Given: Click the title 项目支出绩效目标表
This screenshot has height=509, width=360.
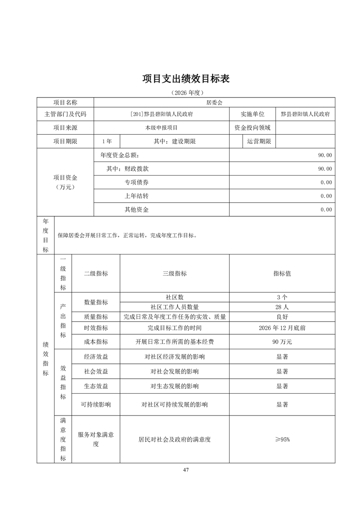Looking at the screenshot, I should (x=186, y=78).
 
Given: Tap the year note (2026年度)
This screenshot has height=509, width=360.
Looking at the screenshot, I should (x=186, y=93).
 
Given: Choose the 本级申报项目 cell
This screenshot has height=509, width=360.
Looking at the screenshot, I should (x=161, y=128).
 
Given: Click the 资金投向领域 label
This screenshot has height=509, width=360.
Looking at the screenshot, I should (x=252, y=128).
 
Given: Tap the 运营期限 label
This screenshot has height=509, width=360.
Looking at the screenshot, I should (x=259, y=142).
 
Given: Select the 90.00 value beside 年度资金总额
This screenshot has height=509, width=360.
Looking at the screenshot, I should (x=325, y=155).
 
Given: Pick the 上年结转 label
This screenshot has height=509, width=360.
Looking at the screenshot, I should (x=137, y=196).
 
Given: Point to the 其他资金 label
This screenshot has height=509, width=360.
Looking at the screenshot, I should (x=137, y=210).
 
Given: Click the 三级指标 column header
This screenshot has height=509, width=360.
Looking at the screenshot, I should (x=174, y=274).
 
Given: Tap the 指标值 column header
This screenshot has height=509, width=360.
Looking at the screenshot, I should (x=282, y=274).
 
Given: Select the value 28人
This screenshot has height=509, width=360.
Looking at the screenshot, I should (x=282, y=307).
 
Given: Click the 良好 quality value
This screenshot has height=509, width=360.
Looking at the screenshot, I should (x=282, y=317).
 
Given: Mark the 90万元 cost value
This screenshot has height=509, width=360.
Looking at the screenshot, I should (x=282, y=342).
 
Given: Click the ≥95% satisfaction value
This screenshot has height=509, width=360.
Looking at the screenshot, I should (x=282, y=440).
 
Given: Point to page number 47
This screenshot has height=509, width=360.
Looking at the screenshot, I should (x=186, y=470).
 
